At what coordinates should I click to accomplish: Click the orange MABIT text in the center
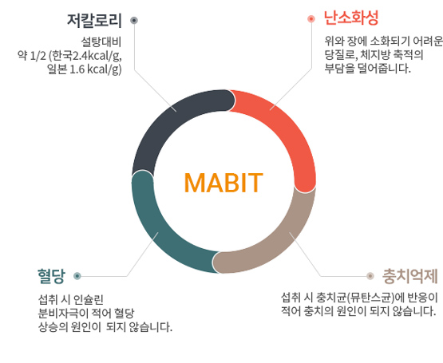point(223,183)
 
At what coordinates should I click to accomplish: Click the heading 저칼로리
point(94,20)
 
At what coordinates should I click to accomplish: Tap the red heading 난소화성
point(351,18)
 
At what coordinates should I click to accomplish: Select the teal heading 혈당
point(51,276)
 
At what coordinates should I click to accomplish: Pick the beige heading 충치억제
point(410,276)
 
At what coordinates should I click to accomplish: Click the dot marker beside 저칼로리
point(134,20)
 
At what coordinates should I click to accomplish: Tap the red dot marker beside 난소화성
point(311,19)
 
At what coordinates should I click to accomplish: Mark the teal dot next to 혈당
point(77,276)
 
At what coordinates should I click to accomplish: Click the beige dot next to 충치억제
point(370,276)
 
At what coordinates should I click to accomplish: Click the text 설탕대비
point(101,42)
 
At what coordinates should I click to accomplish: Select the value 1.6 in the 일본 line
point(77,69)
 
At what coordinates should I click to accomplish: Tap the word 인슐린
point(88,299)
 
